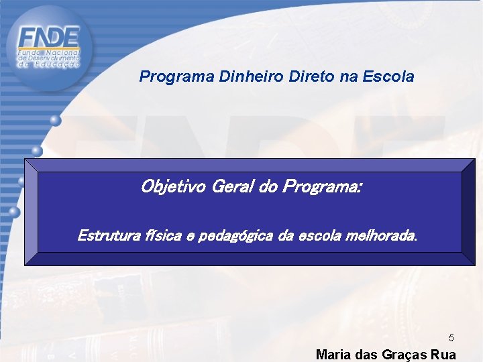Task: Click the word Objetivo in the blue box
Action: [174, 186]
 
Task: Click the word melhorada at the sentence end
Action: [382, 236]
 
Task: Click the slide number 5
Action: [451, 338]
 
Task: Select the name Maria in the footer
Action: [332, 355]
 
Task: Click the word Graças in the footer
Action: [399, 355]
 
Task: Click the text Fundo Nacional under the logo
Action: [48, 52]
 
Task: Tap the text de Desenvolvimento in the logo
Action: [48, 58]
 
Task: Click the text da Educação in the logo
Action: [48, 64]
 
